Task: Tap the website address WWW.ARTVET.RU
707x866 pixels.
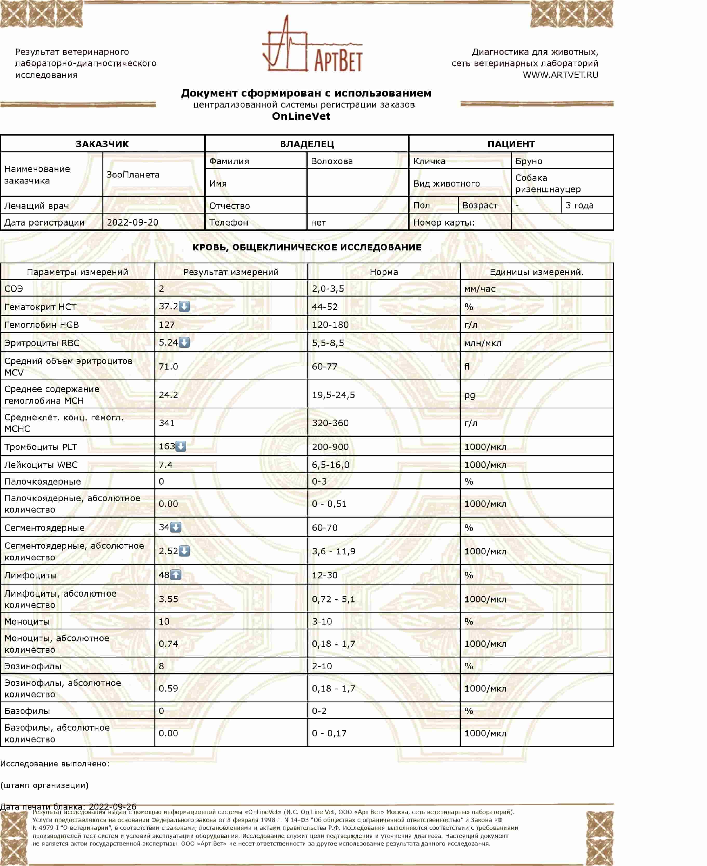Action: coord(561,75)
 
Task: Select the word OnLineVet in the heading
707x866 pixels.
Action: coord(301,116)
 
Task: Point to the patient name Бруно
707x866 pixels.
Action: coord(529,161)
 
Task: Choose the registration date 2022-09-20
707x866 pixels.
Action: coord(132,222)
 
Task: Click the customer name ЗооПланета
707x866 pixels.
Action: coord(133,175)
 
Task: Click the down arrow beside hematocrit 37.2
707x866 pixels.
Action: coord(184,306)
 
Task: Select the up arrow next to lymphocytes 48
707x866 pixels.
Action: coord(176,575)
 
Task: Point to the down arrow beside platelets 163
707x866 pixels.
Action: coord(181,446)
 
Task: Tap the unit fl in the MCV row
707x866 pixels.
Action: coord(467,367)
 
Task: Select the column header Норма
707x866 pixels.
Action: coord(384,272)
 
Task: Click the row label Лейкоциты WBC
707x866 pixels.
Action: coord(41,465)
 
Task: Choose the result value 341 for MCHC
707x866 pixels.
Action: coord(166,423)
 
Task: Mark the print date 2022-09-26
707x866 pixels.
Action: coord(112,806)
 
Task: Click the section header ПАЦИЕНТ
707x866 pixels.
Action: coord(511,144)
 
